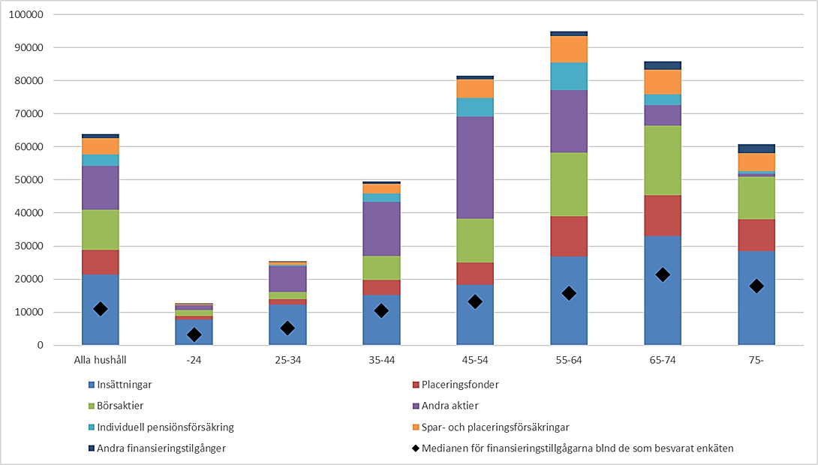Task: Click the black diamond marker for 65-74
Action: (x=663, y=275)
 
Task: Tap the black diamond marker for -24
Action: (x=194, y=334)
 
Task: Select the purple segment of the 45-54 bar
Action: (x=475, y=167)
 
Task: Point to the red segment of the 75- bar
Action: (x=756, y=235)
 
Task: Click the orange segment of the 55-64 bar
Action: (x=569, y=49)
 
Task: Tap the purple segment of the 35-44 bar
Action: (x=381, y=229)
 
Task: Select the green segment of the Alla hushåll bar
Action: (x=101, y=229)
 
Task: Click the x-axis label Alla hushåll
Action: (x=101, y=360)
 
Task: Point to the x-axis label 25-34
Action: (x=287, y=360)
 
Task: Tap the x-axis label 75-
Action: (x=756, y=360)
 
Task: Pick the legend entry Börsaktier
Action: (x=119, y=406)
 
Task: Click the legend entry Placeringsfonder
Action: (x=462, y=385)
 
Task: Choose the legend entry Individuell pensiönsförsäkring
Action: (x=165, y=427)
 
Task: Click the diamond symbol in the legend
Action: (x=417, y=448)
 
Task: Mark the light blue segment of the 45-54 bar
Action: (x=475, y=107)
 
